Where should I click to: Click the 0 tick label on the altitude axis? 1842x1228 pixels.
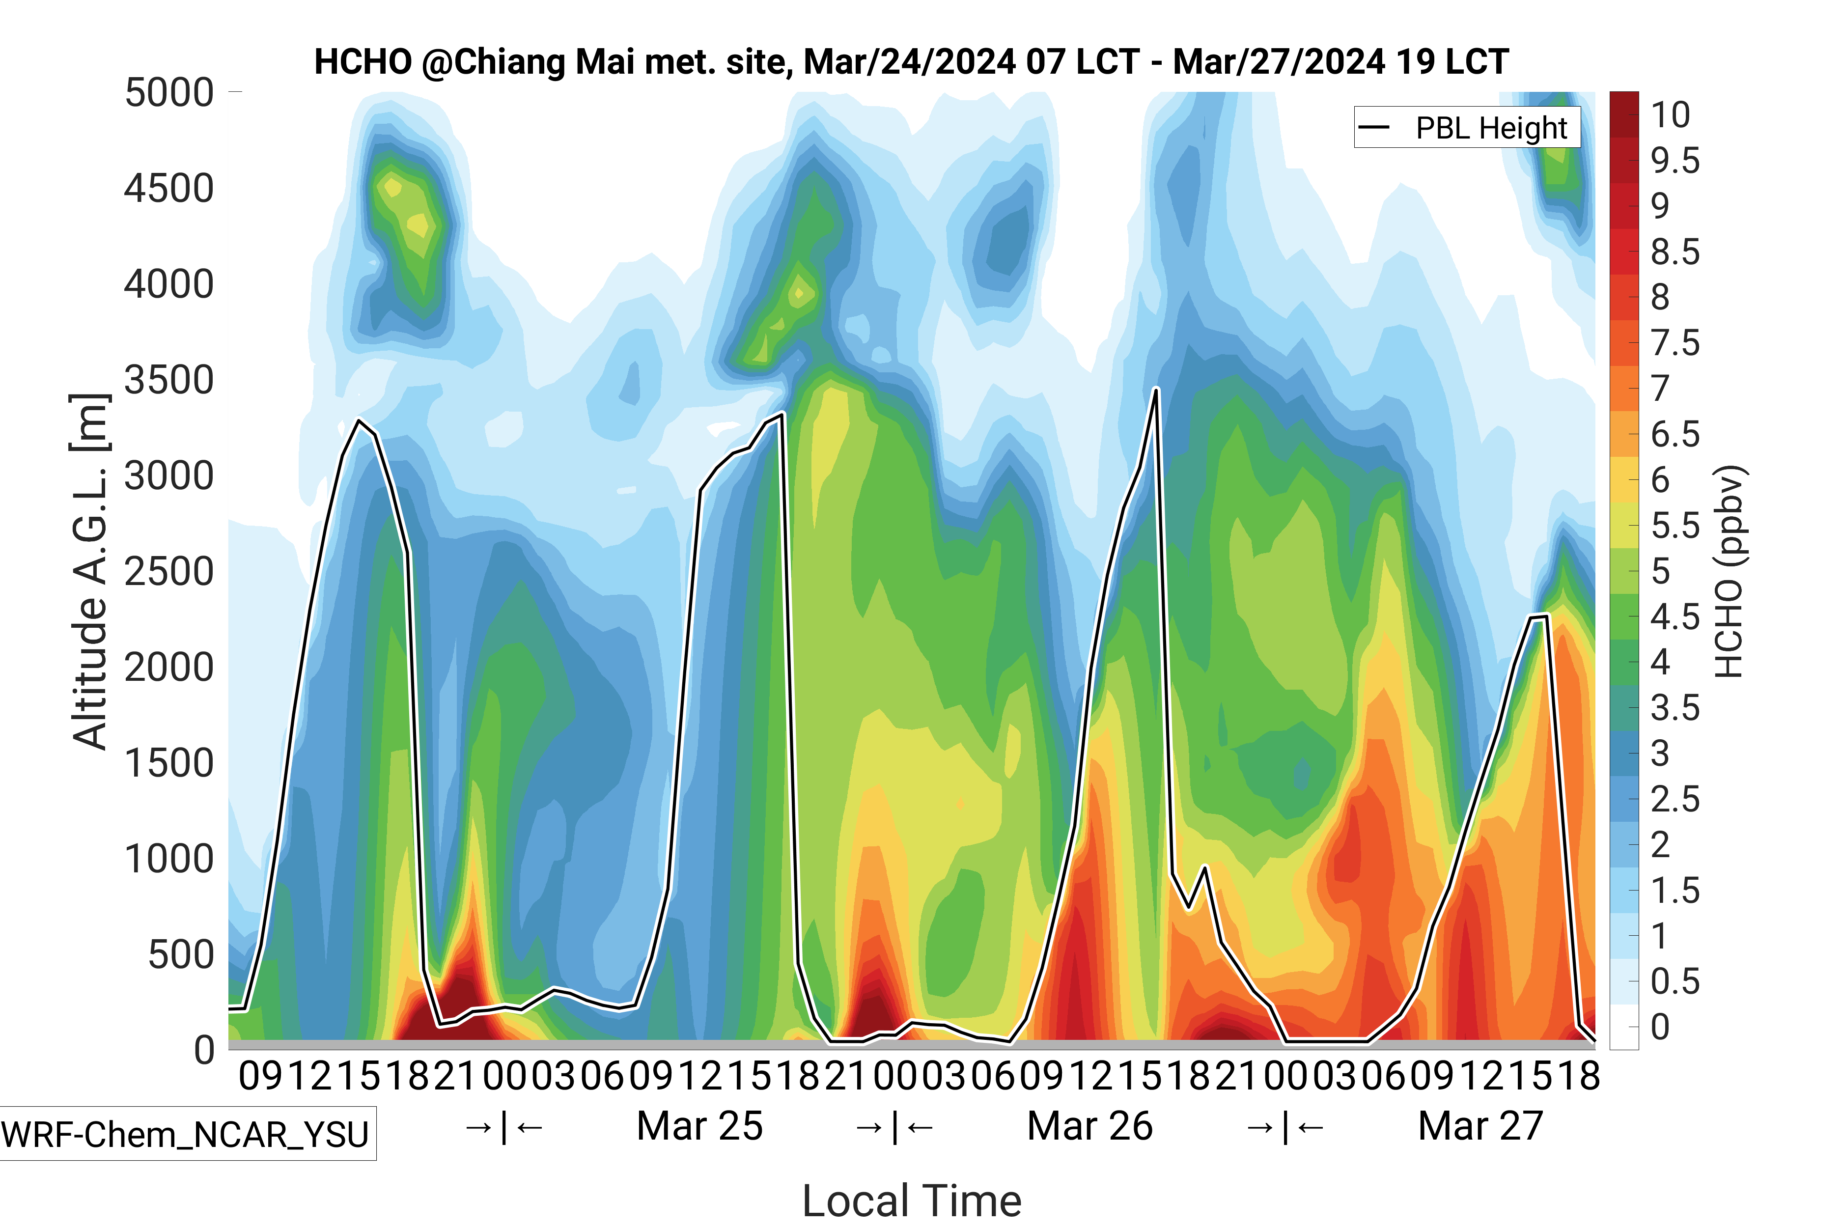coord(204,1049)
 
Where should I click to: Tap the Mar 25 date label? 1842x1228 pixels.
coord(699,1126)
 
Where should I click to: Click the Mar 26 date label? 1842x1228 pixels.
coord(1089,1126)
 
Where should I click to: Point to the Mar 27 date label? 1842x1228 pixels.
coord(1480,1126)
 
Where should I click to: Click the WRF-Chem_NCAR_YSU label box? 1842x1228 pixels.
coord(186,1133)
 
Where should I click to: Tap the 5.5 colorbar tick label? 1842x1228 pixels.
coord(1675,526)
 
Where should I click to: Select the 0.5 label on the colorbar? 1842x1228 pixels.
coord(1675,981)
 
